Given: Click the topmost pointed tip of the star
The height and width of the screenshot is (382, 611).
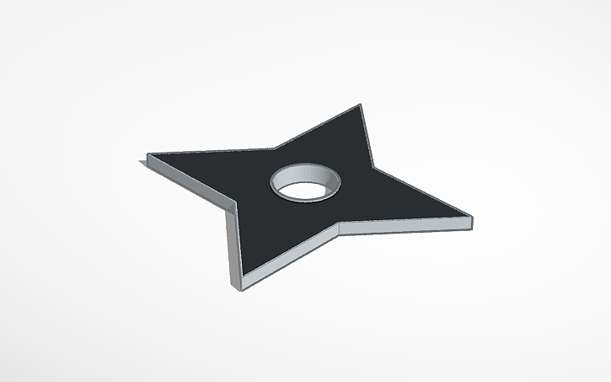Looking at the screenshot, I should [361, 105].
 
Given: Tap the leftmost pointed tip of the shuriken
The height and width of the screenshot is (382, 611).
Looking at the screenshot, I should [148, 155].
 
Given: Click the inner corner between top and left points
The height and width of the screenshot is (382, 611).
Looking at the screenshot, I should [275, 148].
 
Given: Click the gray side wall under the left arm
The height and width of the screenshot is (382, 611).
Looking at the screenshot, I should [190, 181].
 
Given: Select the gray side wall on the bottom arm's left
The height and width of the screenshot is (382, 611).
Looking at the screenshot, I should [233, 245].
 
